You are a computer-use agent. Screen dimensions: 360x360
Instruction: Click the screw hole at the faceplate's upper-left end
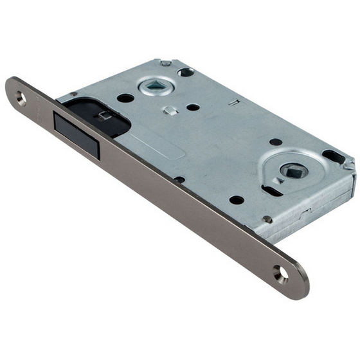(x=21, y=98)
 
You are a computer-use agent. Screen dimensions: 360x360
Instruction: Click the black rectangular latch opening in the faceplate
(x=76, y=132)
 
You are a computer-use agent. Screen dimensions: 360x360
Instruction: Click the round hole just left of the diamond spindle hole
(x=125, y=98)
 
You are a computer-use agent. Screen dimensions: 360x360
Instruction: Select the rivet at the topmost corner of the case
(x=166, y=63)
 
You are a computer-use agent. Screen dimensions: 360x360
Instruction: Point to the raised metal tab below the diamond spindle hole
(x=169, y=110)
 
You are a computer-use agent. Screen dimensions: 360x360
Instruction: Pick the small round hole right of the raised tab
(x=193, y=107)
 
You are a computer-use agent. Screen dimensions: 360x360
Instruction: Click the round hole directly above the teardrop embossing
(x=275, y=141)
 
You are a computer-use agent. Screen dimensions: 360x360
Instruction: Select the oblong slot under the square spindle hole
(x=271, y=190)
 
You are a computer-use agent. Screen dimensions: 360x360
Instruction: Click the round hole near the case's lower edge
(x=237, y=200)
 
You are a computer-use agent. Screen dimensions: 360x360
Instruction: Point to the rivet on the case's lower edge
(x=267, y=219)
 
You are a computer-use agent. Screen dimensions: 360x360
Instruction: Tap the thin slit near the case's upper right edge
(x=236, y=101)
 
